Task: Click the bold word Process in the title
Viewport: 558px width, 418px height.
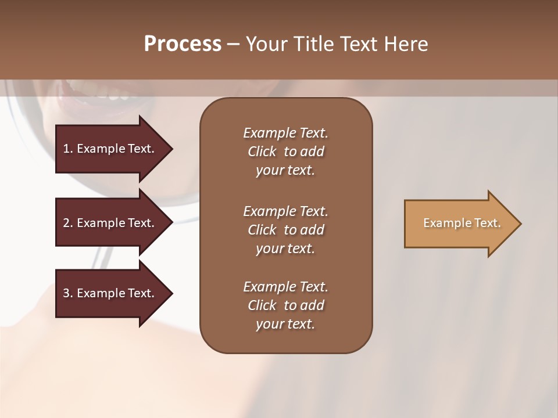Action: [183, 44]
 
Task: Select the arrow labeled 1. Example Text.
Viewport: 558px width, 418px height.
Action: [110, 149]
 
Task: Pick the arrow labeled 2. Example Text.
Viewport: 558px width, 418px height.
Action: [110, 223]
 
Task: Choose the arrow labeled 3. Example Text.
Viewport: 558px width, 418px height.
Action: [110, 293]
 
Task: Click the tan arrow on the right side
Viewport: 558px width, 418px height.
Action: [459, 224]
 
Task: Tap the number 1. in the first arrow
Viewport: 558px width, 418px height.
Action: [68, 149]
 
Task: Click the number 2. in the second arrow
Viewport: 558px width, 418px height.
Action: [68, 223]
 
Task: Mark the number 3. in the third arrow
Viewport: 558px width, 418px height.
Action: [68, 293]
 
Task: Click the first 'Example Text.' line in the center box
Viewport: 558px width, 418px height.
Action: [285, 133]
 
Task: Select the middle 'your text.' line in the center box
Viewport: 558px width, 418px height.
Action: [285, 248]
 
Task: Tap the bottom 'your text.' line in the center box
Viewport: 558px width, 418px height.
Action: [285, 325]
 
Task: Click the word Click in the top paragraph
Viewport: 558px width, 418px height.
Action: [262, 152]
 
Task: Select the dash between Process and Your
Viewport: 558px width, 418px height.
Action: [234, 44]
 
